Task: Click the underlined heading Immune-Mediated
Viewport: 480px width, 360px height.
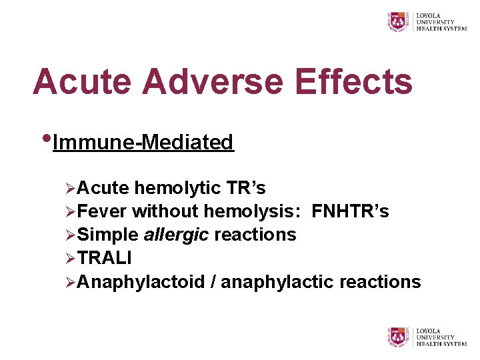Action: [x=143, y=142]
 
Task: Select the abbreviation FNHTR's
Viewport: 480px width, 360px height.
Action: [x=350, y=212]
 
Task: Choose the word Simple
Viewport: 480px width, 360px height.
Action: [x=107, y=235]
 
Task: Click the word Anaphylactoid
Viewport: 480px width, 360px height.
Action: [x=141, y=282]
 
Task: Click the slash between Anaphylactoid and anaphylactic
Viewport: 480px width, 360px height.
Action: [x=212, y=282]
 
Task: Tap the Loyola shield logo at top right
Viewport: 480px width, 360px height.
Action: [x=399, y=21]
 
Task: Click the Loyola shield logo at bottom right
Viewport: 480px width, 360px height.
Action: [x=399, y=336]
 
